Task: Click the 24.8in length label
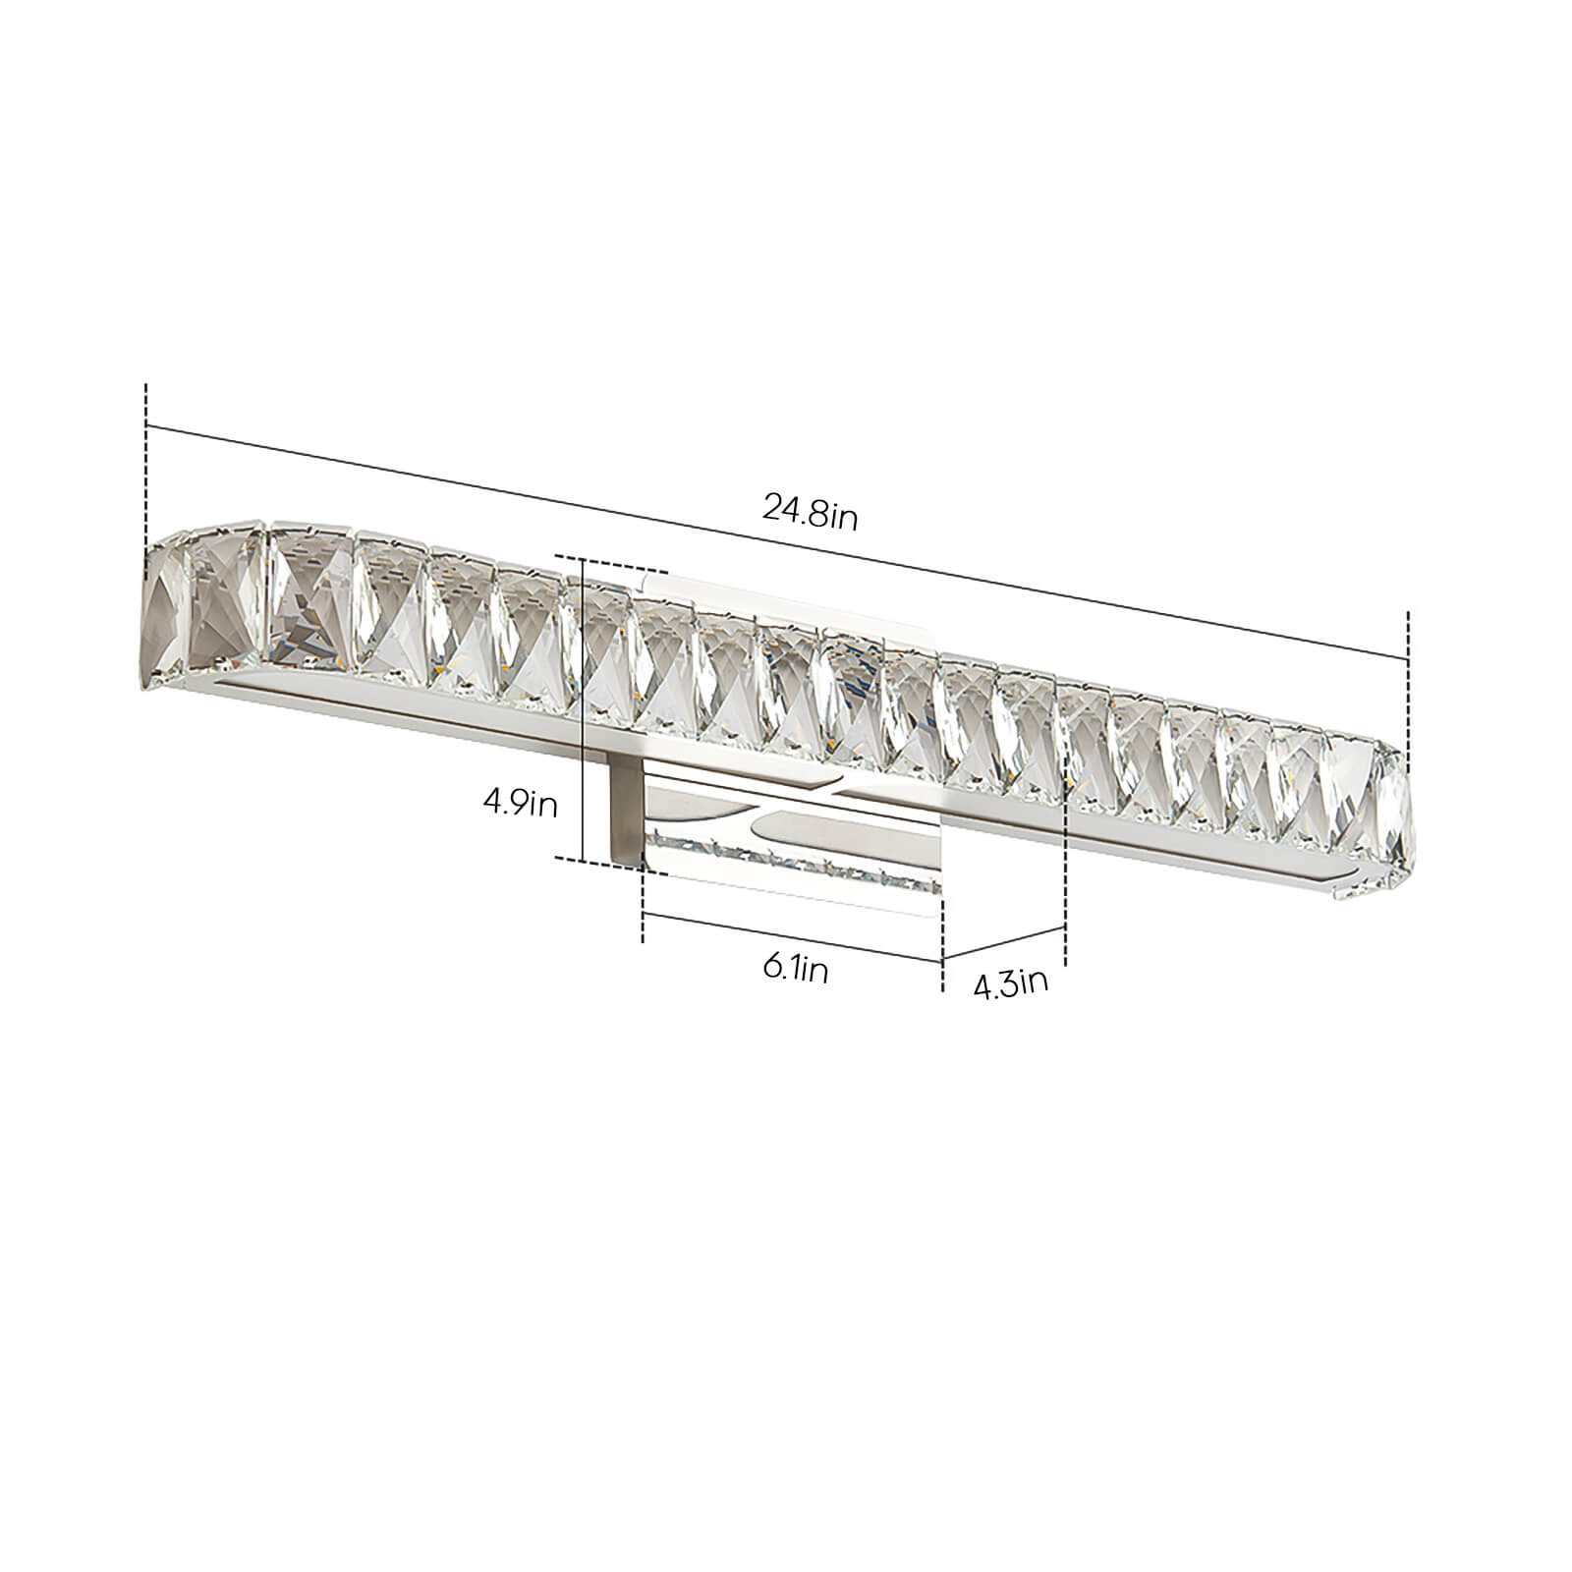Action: click(811, 512)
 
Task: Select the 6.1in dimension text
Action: click(795, 971)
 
